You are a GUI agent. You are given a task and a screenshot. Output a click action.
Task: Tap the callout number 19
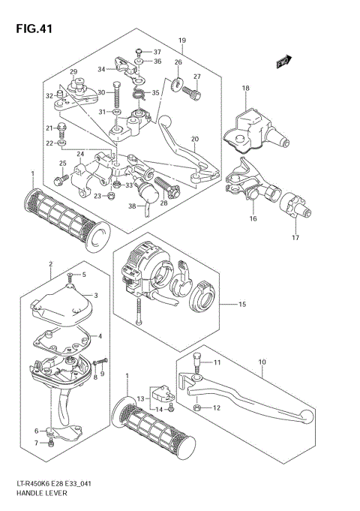point(181,40)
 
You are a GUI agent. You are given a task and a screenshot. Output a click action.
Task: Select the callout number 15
point(241,304)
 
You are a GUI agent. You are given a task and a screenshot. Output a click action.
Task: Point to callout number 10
point(262,362)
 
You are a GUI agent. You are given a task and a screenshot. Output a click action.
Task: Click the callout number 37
point(157,52)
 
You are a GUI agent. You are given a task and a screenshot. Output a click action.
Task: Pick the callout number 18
point(244,89)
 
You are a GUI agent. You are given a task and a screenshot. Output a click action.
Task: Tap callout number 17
point(295,238)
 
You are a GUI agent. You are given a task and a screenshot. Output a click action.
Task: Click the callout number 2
point(50,264)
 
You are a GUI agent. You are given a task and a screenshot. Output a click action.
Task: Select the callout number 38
point(132,206)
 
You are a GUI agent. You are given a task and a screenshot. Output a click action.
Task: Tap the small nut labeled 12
point(196,408)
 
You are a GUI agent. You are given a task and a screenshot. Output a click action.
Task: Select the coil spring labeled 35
point(139,93)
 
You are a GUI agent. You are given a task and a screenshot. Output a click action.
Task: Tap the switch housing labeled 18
point(250,123)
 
